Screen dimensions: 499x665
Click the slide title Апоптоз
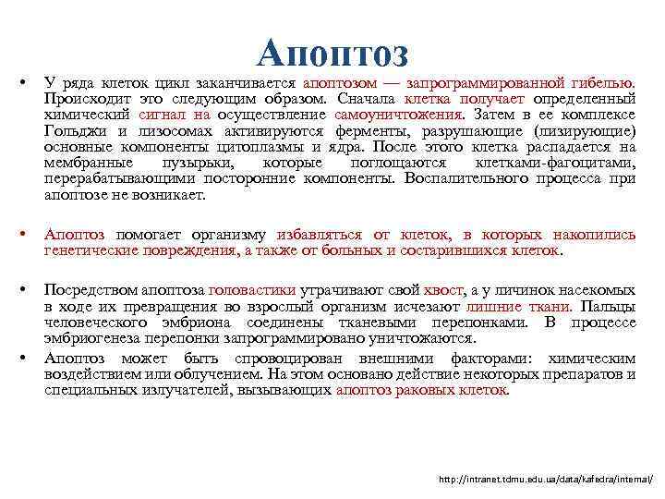pos(332,53)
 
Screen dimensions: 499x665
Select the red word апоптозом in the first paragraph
pos(340,83)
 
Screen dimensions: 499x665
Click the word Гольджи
pos(70,131)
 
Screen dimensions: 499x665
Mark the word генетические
pos(90,250)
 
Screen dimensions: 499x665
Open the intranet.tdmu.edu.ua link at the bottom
pos(546,480)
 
